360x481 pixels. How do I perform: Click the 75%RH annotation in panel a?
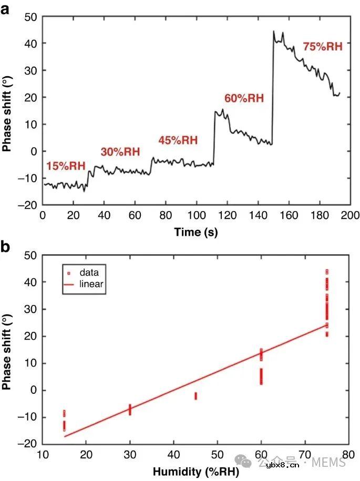pyautogui.click(x=322, y=47)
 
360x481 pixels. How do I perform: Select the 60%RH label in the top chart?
pyautogui.click(x=244, y=98)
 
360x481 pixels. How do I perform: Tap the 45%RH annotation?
pyautogui.click(x=178, y=140)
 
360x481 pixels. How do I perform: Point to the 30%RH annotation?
pyautogui.click(x=120, y=152)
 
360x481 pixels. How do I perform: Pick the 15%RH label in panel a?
pyautogui.click(x=66, y=166)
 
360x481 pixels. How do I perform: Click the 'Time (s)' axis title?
pyautogui.click(x=196, y=232)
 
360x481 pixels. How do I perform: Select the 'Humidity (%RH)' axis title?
pyautogui.click(x=196, y=472)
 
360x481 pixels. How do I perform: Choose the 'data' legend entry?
pyautogui.click(x=89, y=273)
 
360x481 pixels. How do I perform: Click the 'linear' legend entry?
pyautogui.click(x=91, y=284)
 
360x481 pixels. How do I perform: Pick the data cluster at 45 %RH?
pyautogui.click(x=196, y=396)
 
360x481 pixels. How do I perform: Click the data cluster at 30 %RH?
pyautogui.click(x=130, y=409)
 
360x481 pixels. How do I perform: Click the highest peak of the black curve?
pyautogui.click(x=274, y=32)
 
